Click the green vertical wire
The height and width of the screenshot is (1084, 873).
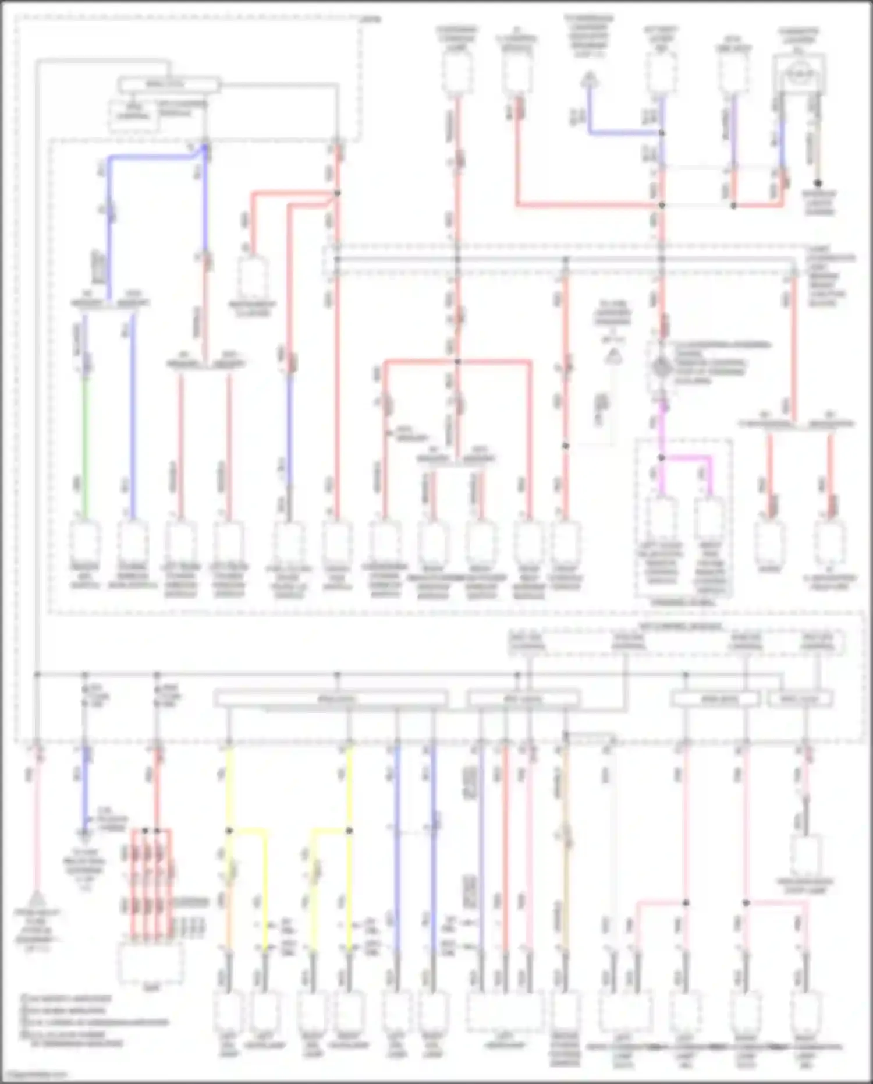[x=86, y=449]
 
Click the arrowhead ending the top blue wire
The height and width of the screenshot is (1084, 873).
[x=590, y=79]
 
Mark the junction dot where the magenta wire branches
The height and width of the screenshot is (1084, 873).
[x=661, y=458]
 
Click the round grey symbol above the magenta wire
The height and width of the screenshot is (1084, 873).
[x=661, y=368]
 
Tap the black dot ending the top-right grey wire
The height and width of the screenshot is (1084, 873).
[x=818, y=183]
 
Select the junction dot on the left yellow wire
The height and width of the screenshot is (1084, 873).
[x=229, y=831]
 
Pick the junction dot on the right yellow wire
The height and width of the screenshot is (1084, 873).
[x=349, y=831]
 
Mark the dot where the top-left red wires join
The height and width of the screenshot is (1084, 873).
[x=337, y=193]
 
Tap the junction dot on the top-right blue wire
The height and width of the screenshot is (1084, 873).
[x=662, y=133]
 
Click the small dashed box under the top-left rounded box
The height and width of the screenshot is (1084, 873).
[x=133, y=115]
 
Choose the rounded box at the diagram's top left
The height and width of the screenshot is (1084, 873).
[x=169, y=85]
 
